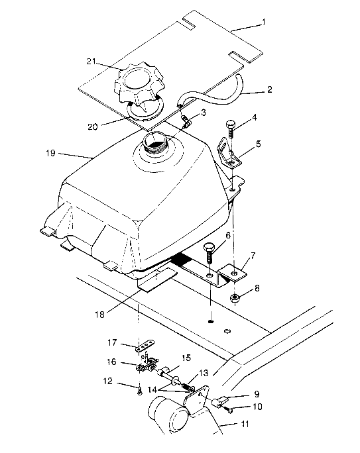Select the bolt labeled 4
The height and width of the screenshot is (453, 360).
pos(230,126)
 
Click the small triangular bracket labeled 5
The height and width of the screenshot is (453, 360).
pos(229,154)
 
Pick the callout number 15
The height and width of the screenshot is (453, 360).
pos(187,358)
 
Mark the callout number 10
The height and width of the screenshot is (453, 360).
pos(257,407)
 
